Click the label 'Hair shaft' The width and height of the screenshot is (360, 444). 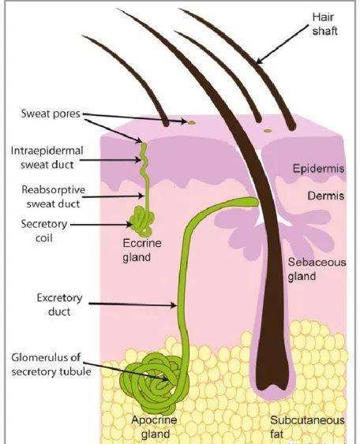coord(324,24)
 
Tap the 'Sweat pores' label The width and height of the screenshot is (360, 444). coord(51,114)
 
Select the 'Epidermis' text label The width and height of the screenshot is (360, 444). coord(319,169)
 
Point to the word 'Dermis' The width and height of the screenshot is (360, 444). coord(326,196)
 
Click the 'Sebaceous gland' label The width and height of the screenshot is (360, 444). coord(317,269)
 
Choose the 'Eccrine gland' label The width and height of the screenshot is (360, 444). coord(142,250)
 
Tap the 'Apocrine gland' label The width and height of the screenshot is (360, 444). coord(155,427)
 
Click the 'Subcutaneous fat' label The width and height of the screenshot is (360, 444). coord(307,427)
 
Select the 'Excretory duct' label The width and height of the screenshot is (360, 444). coord(59,304)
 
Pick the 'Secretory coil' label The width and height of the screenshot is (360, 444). coord(44,231)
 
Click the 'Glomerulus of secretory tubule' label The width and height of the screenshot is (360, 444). coord(51,364)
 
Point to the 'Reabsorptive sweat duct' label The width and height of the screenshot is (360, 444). coord(54,196)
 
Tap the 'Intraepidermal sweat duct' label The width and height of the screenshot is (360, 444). coord(47,158)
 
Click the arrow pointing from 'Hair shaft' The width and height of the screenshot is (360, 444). coord(282,44)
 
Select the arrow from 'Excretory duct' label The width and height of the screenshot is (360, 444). coord(133,304)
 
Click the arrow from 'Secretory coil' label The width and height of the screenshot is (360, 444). coord(101,225)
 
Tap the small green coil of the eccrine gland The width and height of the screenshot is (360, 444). coord(142,221)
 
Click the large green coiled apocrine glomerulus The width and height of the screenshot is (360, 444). coord(155,384)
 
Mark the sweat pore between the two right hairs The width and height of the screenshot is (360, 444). coord(268,131)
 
